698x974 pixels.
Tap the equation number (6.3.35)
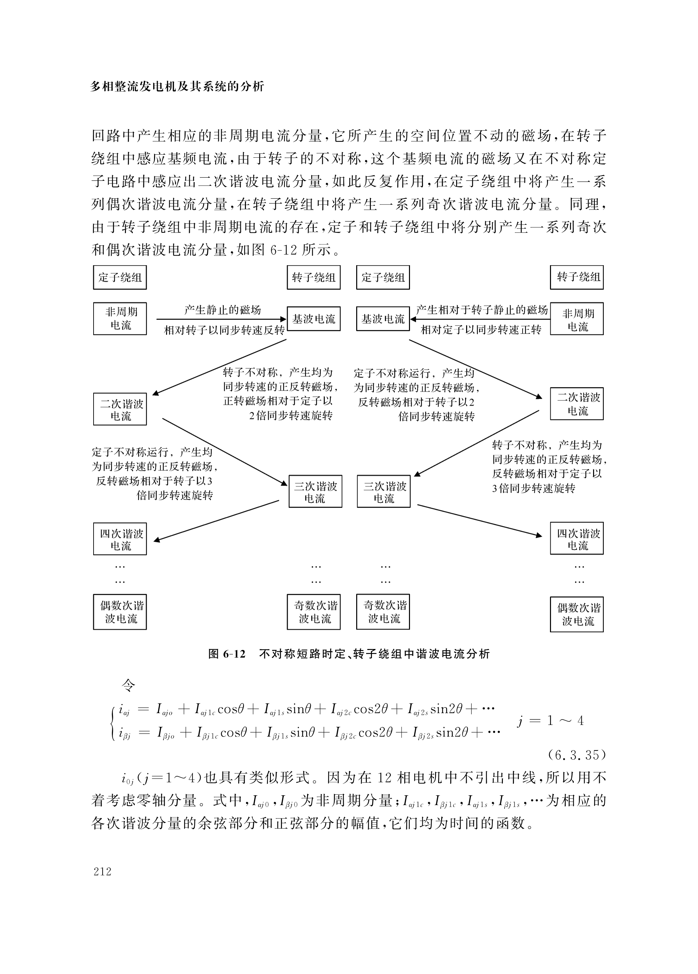576,755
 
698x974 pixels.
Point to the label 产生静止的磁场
223,310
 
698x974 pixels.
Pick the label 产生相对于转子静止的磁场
482,310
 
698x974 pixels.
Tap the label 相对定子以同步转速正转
481,330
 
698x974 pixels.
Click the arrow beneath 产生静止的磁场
221,319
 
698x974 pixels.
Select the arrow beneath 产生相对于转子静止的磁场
480,319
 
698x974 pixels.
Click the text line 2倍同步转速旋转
291,416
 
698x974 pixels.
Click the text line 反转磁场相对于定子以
547,474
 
